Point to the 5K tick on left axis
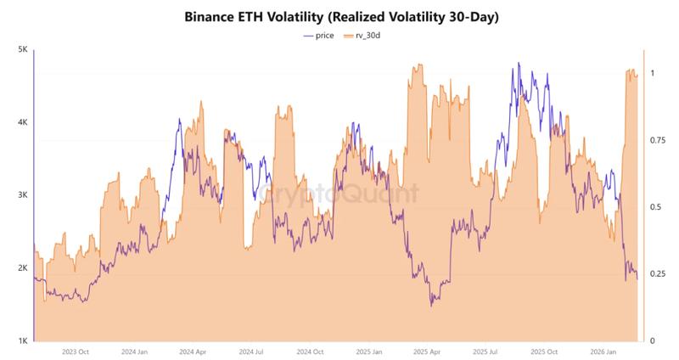click(x=23, y=50)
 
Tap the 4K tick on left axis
click(x=23, y=123)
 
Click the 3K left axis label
click(x=23, y=195)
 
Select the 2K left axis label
click(x=23, y=268)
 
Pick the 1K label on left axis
click(x=23, y=341)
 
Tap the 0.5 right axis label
click(x=654, y=207)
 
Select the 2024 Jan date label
click(x=135, y=352)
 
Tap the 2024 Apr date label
click(x=192, y=352)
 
